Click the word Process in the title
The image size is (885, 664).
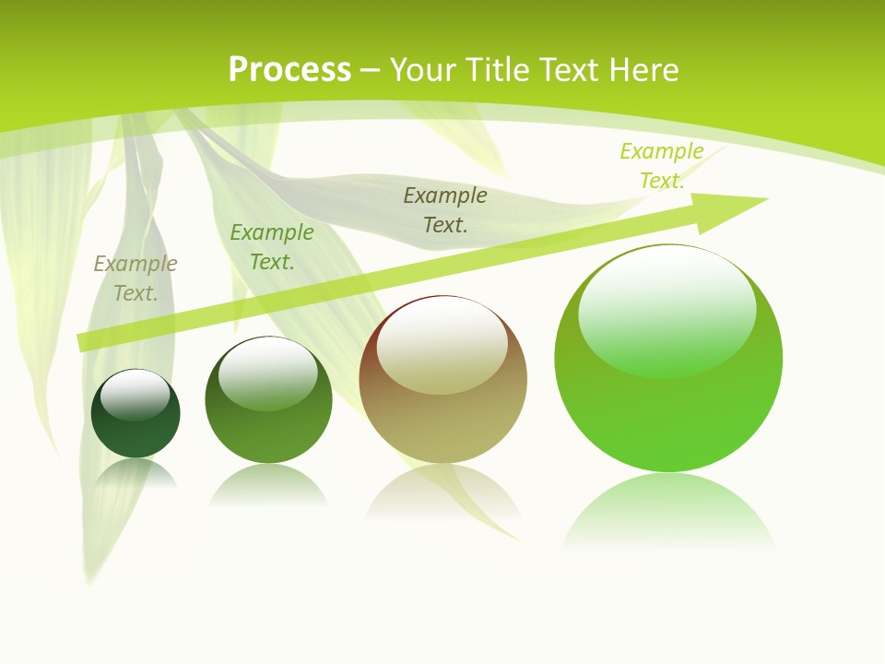[x=289, y=70]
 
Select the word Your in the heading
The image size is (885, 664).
[x=423, y=70]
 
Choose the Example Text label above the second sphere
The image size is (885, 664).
[x=272, y=247]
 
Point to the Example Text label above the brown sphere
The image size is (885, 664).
[x=445, y=209]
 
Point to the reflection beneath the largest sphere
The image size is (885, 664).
[x=668, y=512]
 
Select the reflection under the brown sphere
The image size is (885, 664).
[x=443, y=493]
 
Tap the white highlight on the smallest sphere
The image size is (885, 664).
[x=136, y=395]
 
